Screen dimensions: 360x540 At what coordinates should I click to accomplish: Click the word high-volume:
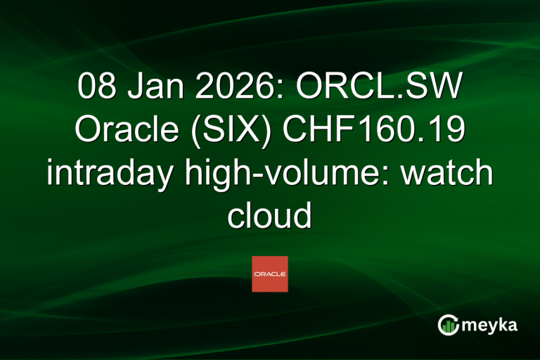(x=288, y=173)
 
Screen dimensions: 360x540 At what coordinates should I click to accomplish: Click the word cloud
(x=269, y=214)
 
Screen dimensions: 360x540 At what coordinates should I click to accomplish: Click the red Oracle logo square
(x=270, y=274)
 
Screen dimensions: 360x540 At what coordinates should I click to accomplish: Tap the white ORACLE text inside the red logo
(x=270, y=274)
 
